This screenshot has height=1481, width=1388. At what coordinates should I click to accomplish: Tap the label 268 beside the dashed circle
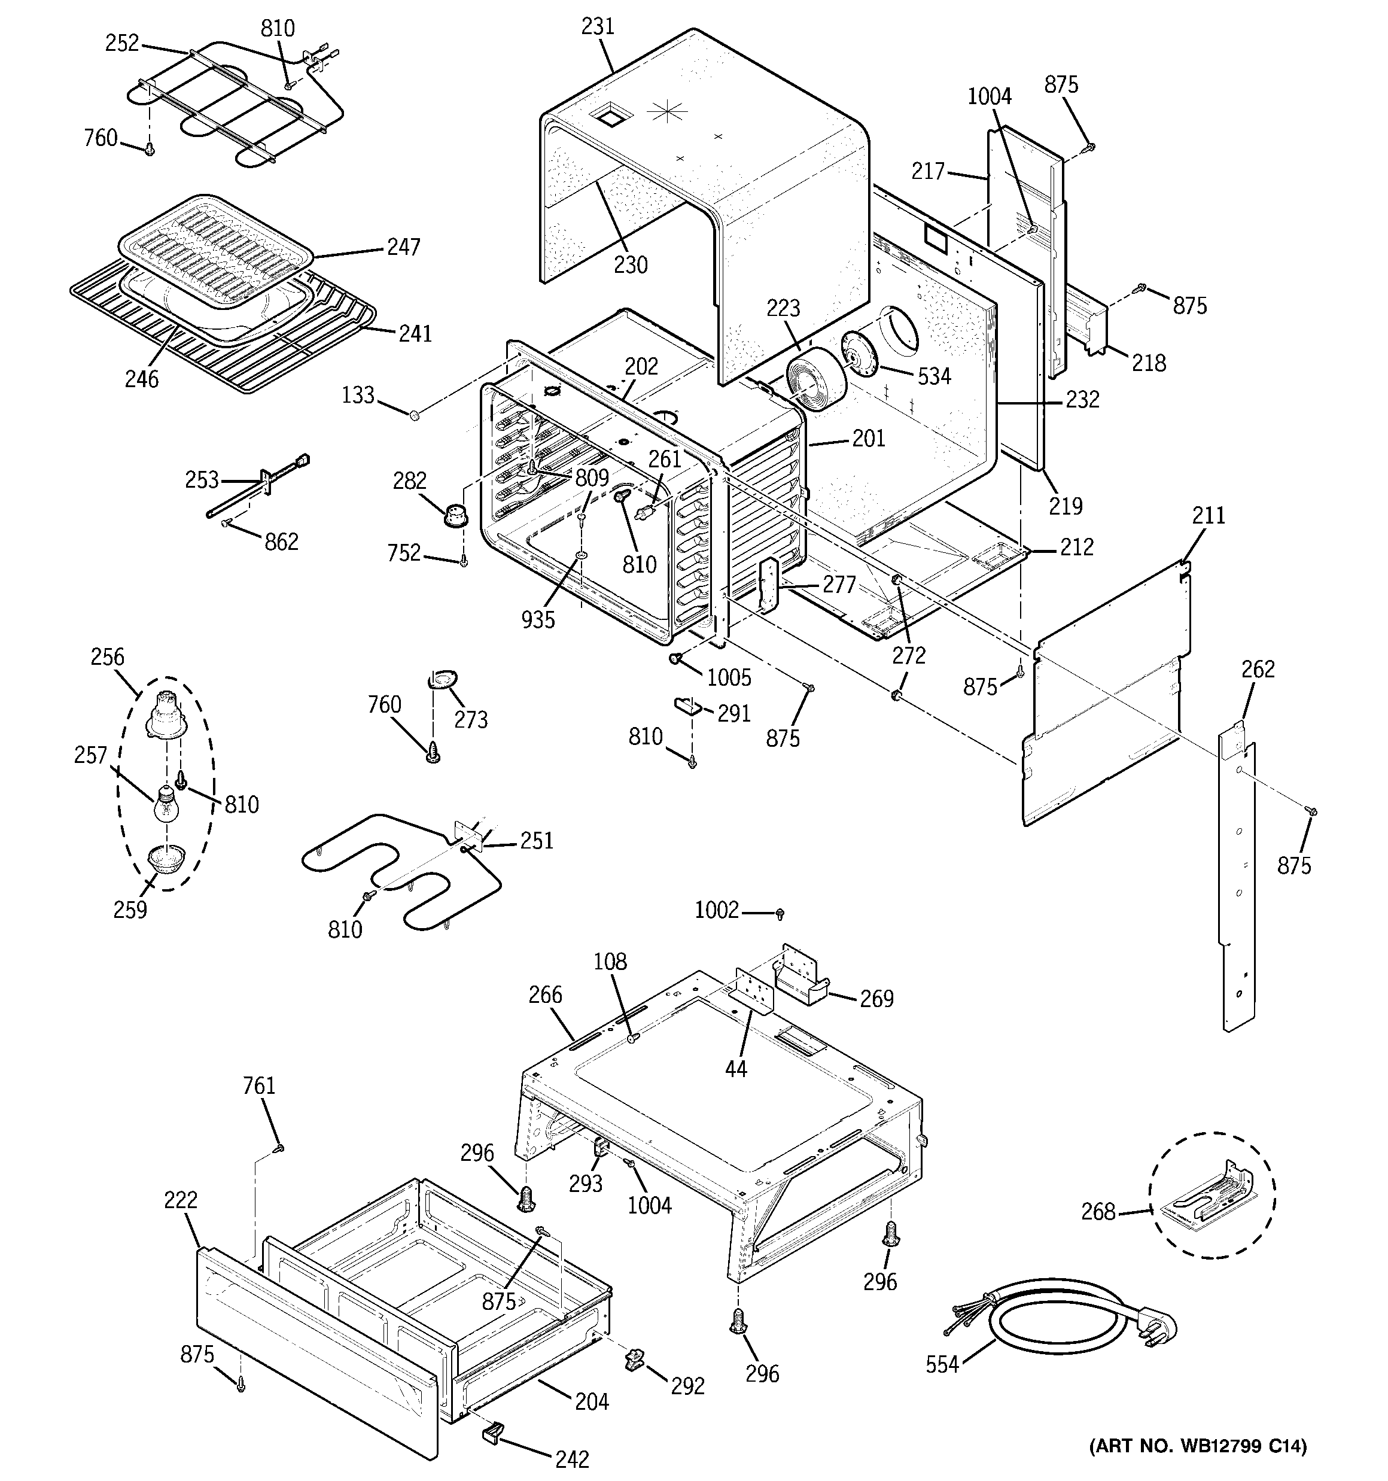pos(1098,1212)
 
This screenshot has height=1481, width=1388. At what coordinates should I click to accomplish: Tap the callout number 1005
pos(729,677)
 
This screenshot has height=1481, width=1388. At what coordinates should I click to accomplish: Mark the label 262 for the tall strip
pos(1258,669)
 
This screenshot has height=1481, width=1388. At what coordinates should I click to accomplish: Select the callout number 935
pos(538,619)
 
